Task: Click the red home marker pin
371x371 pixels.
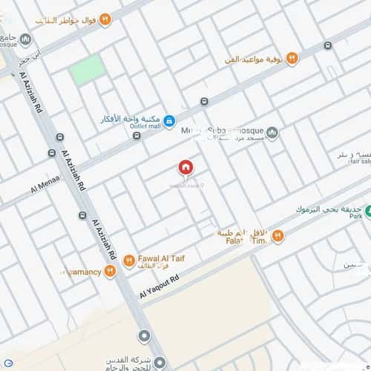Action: click(184, 168)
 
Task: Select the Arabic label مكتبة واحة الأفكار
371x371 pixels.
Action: click(130, 117)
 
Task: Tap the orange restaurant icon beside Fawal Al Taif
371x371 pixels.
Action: click(128, 260)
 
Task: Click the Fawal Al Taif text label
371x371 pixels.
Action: click(161, 259)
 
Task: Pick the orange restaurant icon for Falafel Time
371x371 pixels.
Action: click(278, 236)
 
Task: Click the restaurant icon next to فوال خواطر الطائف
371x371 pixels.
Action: click(105, 19)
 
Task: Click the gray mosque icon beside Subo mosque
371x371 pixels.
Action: click(272, 134)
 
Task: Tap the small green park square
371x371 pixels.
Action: click(88, 69)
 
